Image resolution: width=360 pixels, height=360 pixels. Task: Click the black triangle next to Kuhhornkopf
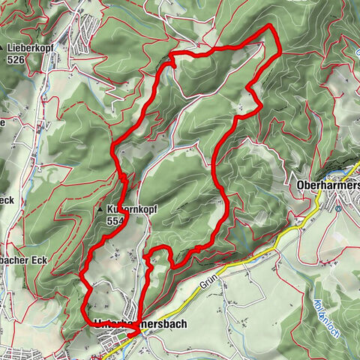(99, 211)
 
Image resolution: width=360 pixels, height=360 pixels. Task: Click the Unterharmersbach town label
(141, 324)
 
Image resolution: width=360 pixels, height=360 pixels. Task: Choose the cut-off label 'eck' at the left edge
(7, 200)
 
